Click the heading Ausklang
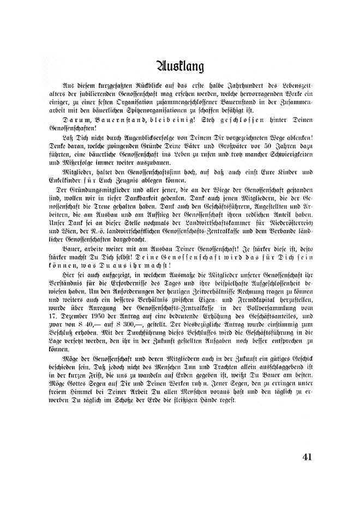180,66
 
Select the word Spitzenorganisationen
163,110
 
